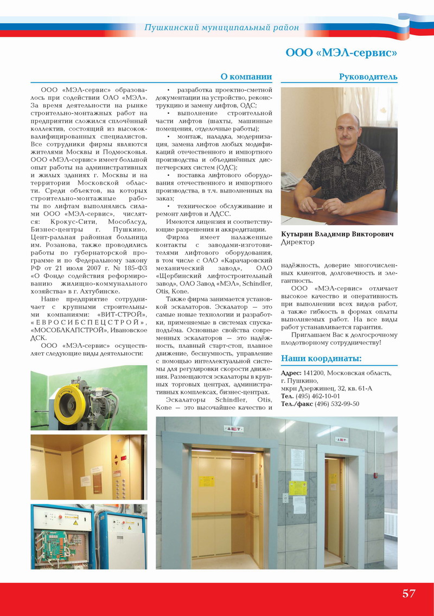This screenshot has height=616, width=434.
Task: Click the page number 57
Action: [x=409, y=593]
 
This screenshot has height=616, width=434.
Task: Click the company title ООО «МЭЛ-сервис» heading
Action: [x=341, y=53]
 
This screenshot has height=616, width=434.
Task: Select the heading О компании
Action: [x=246, y=77]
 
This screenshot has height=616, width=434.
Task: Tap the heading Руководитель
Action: [x=368, y=77]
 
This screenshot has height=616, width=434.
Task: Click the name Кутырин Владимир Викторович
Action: [x=337, y=234]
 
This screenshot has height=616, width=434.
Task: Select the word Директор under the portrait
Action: [x=297, y=243]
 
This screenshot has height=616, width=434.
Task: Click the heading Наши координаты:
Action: [x=321, y=359]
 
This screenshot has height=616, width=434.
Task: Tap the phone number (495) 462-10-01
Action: [x=319, y=396]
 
